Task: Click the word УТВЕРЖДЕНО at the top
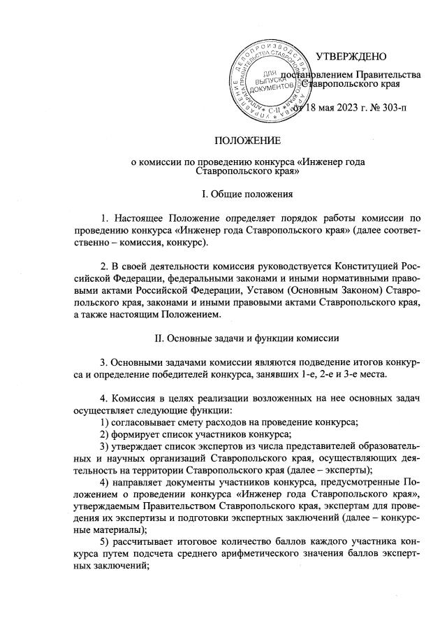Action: (353, 56)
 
